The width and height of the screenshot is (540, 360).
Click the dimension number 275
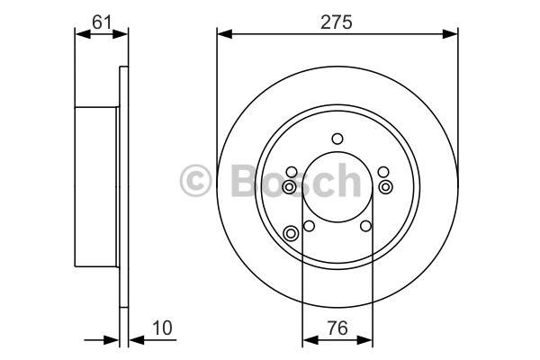[x=337, y=22]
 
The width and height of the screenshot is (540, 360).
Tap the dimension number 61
[x=102, y=22]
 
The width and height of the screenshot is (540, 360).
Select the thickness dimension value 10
[x=162, y=328]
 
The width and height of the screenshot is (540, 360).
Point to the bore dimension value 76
[x=337, y=328]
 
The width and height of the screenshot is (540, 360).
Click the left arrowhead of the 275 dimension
[x=225, y=34]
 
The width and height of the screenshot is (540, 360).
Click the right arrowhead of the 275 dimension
[x=450, y=34]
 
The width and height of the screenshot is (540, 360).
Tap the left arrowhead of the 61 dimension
[x=83, y=34]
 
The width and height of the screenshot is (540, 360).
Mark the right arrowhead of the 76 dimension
[x=365, y=340]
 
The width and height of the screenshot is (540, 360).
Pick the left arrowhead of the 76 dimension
[x=310, y=340]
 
